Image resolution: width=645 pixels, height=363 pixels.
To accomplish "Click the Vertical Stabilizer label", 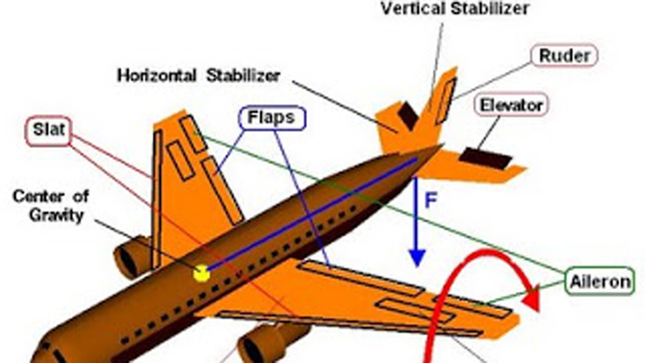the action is pos(455,8).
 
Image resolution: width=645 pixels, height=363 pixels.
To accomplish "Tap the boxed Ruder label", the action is pos(564,55).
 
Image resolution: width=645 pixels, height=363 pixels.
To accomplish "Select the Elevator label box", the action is pos(511,105).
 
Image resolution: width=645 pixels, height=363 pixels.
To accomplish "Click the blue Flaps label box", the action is pos(271,118).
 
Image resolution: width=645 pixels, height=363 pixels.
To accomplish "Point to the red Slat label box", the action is pos(48,130).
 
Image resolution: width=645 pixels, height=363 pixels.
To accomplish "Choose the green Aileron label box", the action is pos(600,281).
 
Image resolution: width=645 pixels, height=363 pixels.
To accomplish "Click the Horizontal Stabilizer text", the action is pos(198,75).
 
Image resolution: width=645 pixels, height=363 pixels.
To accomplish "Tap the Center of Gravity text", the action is pos(51,205).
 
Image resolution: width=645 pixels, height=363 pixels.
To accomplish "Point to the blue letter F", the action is pos(431,200).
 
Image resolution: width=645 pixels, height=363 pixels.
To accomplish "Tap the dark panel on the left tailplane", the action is pos(408,115).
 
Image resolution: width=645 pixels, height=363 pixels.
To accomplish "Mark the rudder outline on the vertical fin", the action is pos(445,101).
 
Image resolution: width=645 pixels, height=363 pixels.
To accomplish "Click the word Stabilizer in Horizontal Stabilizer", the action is pos(243,75).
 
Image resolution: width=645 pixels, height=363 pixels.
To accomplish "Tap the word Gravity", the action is pos(56,215).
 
